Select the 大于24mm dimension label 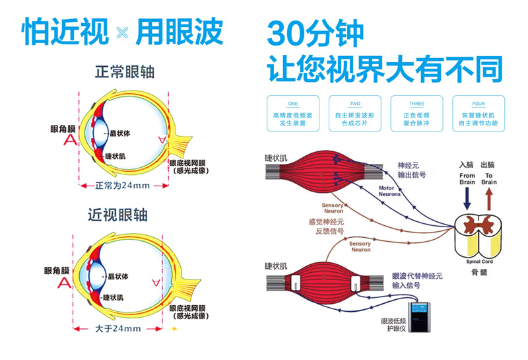[x=118, y=328]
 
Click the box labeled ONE [x=293, y=113]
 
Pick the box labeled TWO [x=354, y=113]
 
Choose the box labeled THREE [x=416, y=113]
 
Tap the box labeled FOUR [x=478, y=113]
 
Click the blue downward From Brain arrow [x=467, y=199]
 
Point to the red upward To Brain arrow [x=488, y=199]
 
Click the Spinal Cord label [x=478, y=261]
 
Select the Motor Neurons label [x=389, y=192]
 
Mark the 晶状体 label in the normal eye [x=119, y=133]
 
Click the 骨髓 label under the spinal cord [x=478, y=271]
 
